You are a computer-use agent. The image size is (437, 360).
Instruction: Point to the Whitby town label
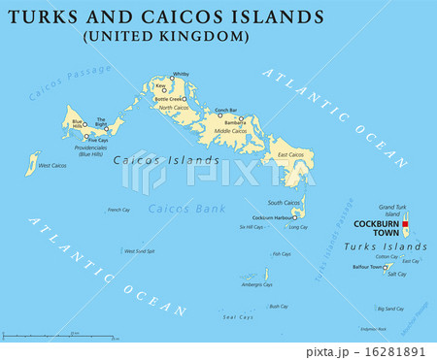point(181,74)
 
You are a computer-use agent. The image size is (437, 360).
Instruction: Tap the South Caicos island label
point(285,202)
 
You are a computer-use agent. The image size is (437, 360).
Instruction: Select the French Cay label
point(118,210)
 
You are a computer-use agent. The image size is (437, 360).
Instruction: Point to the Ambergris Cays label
point(257,284)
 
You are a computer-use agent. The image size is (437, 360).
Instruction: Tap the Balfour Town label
point(368,266)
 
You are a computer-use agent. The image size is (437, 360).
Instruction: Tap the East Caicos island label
point(290,155)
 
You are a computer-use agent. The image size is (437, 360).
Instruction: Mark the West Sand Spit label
point(139,250)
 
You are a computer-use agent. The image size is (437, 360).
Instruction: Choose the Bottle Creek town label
point(168,98)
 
